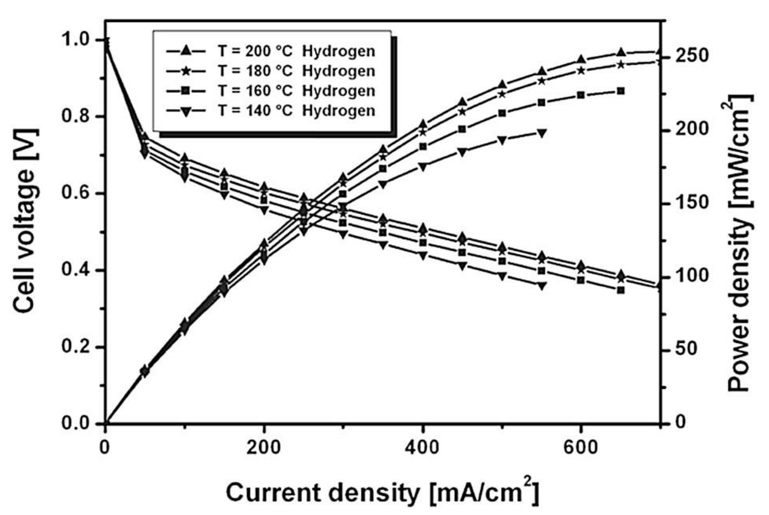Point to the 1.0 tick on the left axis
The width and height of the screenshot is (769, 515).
(x=76, y=40)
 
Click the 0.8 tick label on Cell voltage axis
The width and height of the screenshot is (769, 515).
(x=76, y=117)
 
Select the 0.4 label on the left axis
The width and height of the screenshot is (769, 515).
(x=76, y=270)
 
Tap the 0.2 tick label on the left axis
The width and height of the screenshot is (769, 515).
(x=76, y=347)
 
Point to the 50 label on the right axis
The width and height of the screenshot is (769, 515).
(x=685, y=349)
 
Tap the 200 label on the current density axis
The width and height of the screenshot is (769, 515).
(x=263, y=448)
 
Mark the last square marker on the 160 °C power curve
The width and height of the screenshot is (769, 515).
(x=620, y=91)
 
